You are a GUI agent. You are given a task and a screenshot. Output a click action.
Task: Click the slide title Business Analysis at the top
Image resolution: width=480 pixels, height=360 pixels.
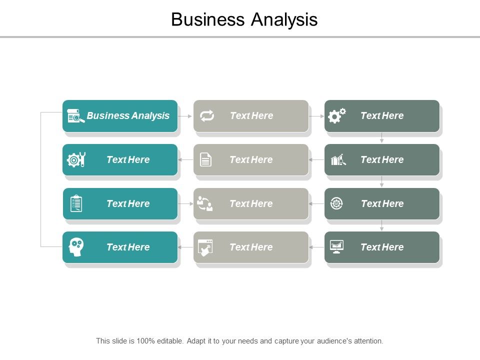coord(244,19)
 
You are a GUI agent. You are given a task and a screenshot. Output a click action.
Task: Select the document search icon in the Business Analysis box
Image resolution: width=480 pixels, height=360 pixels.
coord(75,116)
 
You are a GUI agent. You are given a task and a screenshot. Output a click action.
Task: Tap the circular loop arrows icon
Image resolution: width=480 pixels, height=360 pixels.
coord(206,116)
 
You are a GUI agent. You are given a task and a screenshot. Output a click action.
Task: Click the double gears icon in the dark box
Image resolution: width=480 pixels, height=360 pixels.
coord(336,116)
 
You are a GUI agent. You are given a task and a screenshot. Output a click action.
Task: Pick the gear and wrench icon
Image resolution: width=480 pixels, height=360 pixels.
coord(76,159)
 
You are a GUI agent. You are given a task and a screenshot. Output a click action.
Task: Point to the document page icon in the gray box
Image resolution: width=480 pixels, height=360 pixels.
coord(205,159)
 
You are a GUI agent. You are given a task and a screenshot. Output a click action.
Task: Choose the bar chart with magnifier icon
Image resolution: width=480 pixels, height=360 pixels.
coord(338,160)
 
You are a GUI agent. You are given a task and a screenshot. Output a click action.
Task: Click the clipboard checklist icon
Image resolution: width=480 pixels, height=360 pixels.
coord(76,203)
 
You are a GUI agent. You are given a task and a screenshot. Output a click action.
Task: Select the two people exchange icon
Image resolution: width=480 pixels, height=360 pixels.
coord(205,203)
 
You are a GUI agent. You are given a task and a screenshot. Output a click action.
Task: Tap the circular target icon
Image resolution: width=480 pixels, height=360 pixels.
coord(336,203)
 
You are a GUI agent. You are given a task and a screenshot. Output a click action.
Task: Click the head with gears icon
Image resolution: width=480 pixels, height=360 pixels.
coord(76,247)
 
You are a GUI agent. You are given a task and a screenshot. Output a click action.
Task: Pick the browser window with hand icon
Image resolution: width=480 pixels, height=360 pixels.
coord(205,247)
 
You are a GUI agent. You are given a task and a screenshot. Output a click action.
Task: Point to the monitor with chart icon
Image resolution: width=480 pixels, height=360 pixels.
coord(336,246)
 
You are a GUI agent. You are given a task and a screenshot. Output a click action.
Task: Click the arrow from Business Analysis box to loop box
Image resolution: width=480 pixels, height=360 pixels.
coord(185,116)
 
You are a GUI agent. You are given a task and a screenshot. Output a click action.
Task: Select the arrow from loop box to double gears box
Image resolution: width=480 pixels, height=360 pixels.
coord(316,116)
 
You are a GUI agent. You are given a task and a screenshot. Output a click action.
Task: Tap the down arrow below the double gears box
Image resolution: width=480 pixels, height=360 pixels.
coord(382,138)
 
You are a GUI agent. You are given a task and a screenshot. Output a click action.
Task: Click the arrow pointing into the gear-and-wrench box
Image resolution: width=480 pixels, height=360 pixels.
coord(185,160)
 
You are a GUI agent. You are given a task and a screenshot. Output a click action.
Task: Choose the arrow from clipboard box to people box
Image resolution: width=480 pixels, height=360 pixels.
coord(185,203)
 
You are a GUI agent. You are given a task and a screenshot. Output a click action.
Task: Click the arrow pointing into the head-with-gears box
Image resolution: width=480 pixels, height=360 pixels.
coord(185,247)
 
